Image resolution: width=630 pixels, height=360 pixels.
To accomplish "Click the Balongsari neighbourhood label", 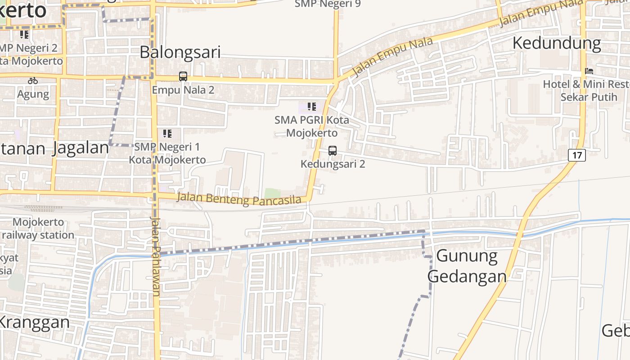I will pyautogui.click(x=180, y=52).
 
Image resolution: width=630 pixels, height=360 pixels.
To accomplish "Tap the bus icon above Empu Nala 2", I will pyautogui.click(x=183, y=76).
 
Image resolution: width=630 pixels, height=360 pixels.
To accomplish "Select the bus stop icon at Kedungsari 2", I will pyautogui.click(x=333, y=151).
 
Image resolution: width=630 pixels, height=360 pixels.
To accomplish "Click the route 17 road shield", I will pyautogui.click(x=577, y=156).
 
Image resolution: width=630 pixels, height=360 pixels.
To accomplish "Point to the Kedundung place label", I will pyautogui.click(x=557, y=43).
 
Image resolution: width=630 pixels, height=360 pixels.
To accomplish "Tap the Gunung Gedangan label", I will pyautogui.click(x=467, y=266).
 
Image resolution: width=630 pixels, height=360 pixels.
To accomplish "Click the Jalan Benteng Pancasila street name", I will pyautogui.click(x=239, y=199).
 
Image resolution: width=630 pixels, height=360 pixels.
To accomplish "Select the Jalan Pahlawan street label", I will pyautogui.click(x=156, y=256).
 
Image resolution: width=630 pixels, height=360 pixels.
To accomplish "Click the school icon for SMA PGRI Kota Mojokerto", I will pyautogui.click(x=311, y=107).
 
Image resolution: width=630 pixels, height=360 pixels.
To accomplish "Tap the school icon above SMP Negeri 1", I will pyautogui.click(x=167, y=133).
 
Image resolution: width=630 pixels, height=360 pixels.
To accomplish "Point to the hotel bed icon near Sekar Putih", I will pyautogui.click(x=589, y=71).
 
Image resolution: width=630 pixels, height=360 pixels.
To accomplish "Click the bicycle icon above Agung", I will pyautogui.click(x=33, y=81).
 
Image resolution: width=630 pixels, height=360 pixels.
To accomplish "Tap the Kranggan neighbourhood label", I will pyautogui.click(x=34, y=322).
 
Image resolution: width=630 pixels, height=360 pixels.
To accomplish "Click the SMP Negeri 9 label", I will pyautogui.click(x=328, y=4).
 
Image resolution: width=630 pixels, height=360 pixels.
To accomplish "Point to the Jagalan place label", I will pyautogui.click(x=81, y=148).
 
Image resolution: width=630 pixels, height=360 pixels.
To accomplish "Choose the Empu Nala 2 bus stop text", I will pyautogui.click(x=183, y=90).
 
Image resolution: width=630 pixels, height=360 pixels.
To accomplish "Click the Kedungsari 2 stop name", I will pyautogui.click(x=333, y=164).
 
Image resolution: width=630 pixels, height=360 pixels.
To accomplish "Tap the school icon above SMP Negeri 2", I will pyautogui.click(x=24, y=34).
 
